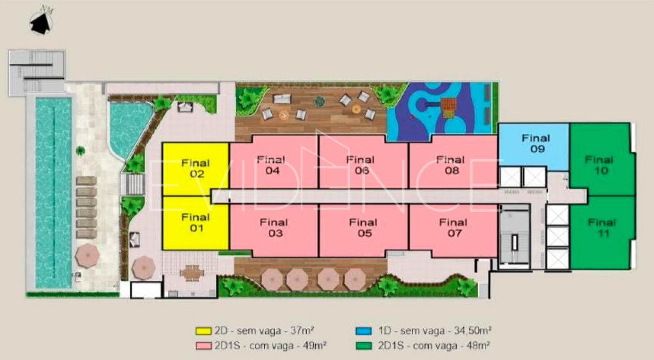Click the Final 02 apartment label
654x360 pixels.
[196, 169]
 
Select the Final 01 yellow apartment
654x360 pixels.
[196, 223]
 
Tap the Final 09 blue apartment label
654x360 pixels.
[536, 143]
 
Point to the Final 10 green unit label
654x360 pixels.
[599, 165]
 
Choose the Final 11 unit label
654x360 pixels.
[602, 228]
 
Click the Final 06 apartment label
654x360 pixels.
[361, 165]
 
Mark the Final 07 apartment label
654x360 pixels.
[453, 228]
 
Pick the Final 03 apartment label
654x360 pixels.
[274, 228]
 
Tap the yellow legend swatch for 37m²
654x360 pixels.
[203, 331]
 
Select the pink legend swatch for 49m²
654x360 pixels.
[203, 346]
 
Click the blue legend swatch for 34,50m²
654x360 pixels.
[363, 331]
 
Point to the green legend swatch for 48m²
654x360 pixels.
[363, 346]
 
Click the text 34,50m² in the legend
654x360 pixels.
[473, 330]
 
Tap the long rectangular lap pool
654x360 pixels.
[54, 193]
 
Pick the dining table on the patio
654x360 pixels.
[192, 273]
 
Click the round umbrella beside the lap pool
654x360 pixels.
[87, 255]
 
